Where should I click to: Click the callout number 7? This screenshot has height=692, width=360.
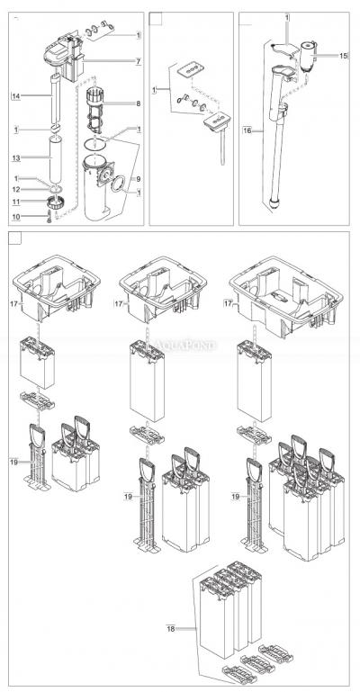coord(139,60)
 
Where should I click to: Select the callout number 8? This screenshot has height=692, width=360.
coord(139,104)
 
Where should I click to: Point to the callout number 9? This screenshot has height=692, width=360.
coord(139,178)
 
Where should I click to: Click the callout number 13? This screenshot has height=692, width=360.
coord(15,158)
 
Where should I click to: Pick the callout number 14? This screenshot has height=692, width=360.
coord(15,94)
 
